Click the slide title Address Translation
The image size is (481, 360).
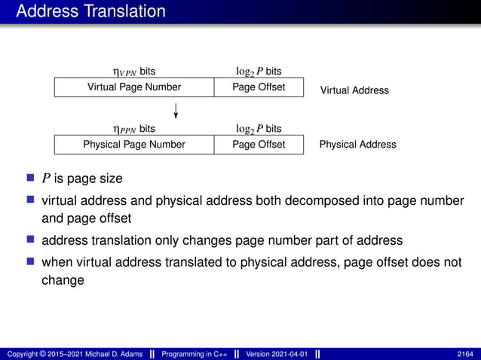tap(90, 11)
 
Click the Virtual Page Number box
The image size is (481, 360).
tap(134, 87)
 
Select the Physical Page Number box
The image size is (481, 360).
tap(134, 144)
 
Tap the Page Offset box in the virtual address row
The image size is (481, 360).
tap(259, 87)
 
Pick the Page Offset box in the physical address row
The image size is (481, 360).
tap(259, 144)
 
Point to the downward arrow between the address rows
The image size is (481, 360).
tap(176, 111)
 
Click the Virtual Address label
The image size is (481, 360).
tap(354, 90)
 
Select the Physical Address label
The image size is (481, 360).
tap(357, 144)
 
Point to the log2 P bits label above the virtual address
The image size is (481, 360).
tap(259, 72)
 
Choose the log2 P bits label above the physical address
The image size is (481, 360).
tap(259, 129)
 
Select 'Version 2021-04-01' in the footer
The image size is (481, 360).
tap(277, 354)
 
